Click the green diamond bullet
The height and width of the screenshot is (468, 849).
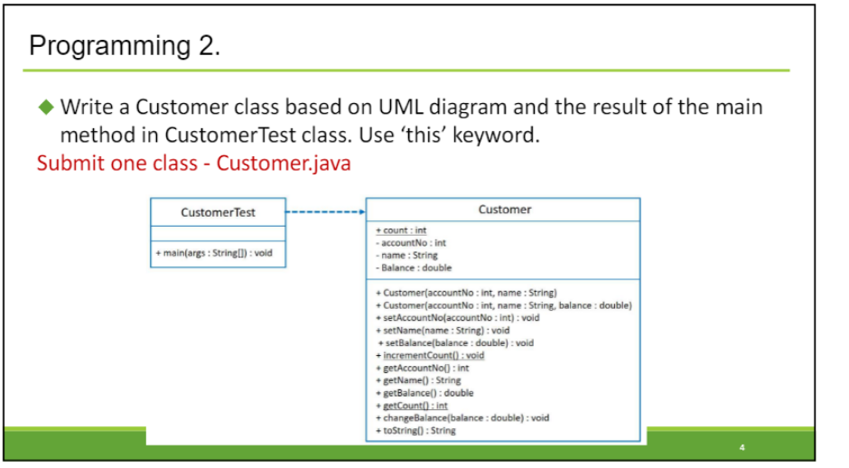coord(47,108)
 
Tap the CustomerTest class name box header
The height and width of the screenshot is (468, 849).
coord(218,212)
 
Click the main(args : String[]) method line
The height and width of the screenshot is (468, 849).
coord(214,253)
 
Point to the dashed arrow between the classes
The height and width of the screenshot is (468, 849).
coord(325,213)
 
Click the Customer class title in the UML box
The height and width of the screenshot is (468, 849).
coord(504,210)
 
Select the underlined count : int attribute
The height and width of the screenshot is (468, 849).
coord(404,230)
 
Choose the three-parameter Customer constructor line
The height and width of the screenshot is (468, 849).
coord(503,305)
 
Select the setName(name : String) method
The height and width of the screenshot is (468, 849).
coord(442,331)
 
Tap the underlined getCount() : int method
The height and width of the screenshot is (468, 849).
coord(411,406)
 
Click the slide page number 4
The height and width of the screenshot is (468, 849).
coord(741,446)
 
